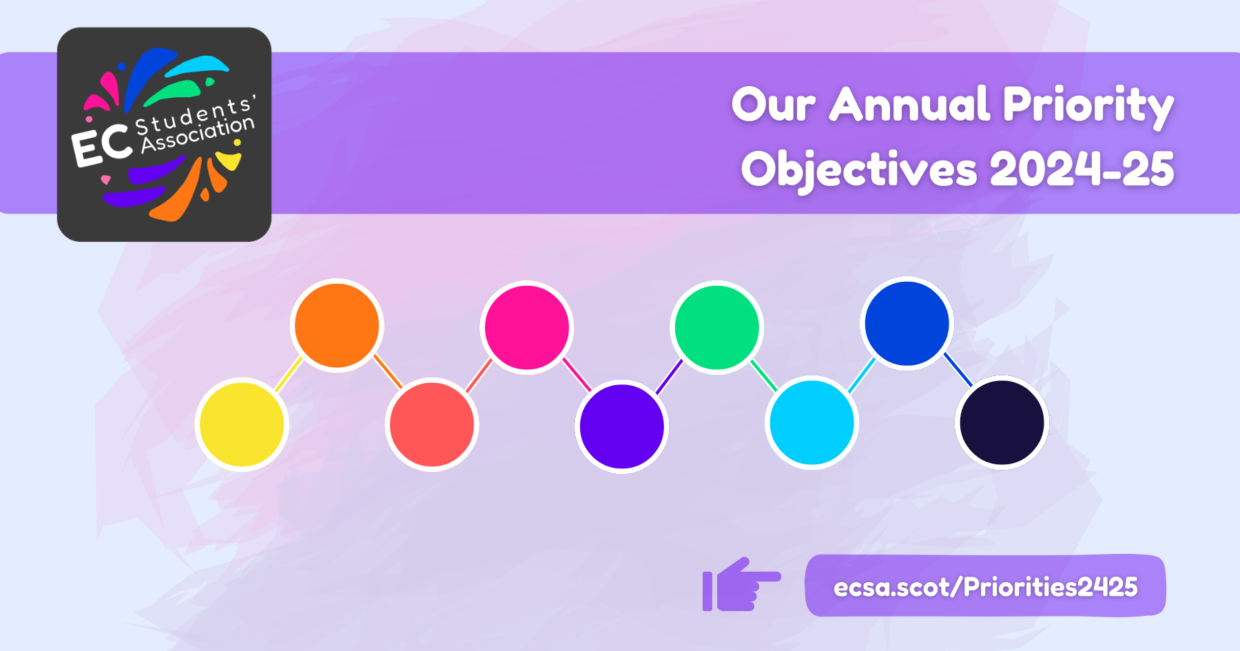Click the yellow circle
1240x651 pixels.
[242, 424]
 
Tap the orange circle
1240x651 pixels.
[337, 325]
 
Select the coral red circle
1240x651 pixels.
[432, 424]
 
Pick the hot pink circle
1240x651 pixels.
[527, 327]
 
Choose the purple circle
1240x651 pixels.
[622, 426]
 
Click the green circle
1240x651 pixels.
[717, 327]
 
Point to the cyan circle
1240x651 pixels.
[812, 422]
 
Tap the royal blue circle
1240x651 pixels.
[907, 323]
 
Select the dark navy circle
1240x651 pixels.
[1002, 422]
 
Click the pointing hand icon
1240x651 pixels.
[741, 584]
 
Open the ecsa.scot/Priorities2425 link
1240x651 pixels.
[985, 587]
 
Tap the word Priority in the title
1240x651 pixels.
[1088, 107]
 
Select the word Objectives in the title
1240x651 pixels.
[859, 169]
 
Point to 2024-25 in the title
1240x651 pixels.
[1082, 169]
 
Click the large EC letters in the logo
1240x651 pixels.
[102, 145]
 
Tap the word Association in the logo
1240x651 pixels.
[198, 134]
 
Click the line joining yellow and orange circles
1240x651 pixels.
[289, 375]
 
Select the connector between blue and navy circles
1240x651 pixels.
[958, 370]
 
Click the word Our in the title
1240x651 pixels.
[774, 105]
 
